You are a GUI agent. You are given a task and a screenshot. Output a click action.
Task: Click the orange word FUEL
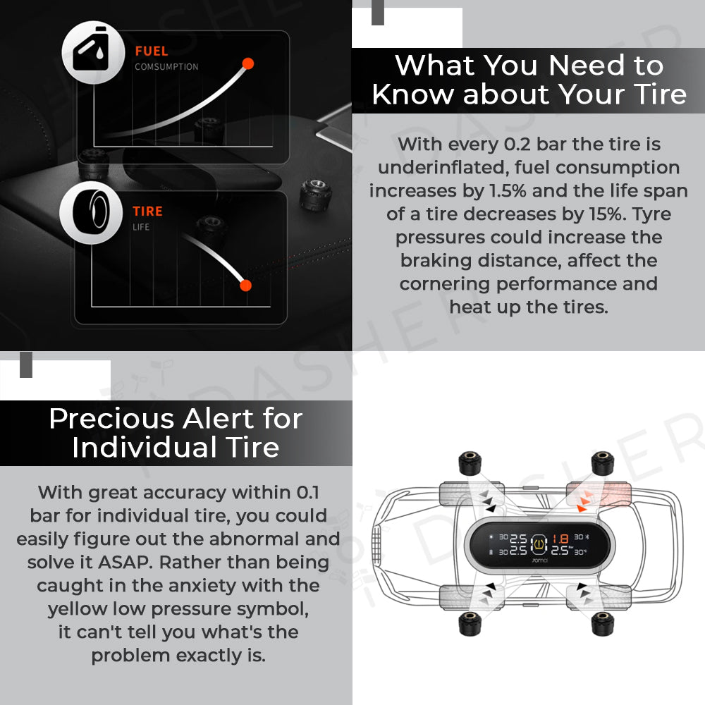click(x=152, y=51)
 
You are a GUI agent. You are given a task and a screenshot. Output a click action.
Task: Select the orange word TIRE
click(x=147, y=211)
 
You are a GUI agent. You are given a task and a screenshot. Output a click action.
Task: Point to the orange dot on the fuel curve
click(x=247, y=63)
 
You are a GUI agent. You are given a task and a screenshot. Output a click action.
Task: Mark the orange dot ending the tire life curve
click(x=245, y=285)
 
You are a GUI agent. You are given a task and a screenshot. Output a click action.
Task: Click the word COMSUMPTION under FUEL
click(x=166, y=66)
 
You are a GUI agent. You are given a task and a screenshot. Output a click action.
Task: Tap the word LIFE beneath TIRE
click(x=141, y=227)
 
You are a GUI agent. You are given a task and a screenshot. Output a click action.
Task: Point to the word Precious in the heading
click(x=111, y=419)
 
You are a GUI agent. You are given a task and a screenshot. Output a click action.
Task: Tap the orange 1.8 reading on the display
click(x=560, y=538)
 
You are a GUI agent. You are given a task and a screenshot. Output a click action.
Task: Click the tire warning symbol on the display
click(x=539, y=544)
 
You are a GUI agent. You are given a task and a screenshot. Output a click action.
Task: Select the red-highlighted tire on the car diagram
click(x=599, y=493)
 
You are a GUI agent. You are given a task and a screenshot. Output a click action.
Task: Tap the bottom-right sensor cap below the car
click(x=603, y=623)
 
